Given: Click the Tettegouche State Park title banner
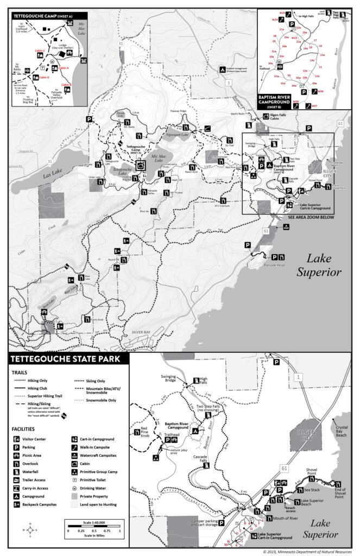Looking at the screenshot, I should point(61,359).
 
